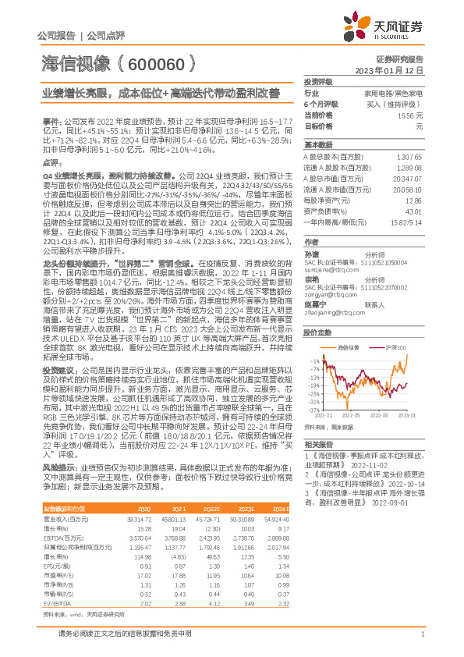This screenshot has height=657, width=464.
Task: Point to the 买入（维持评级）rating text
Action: tap(402, 104)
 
